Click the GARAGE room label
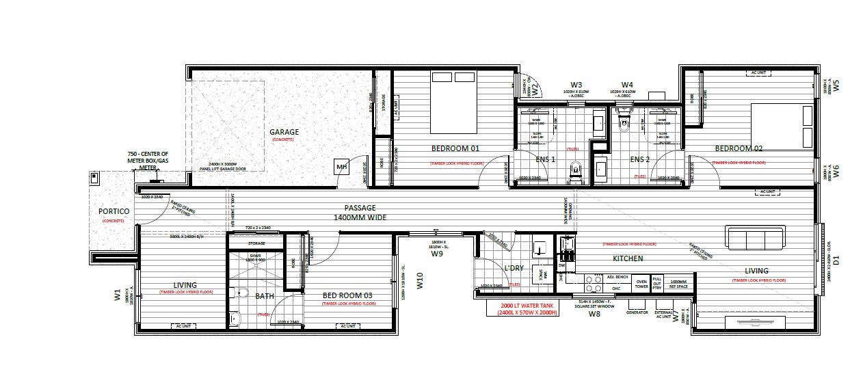pyautogui.click(x=284, y=132)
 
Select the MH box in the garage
pyautogui.click(x=341, y=167)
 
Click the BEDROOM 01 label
pyautogui.click(x=455, y=148)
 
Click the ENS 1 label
pyautogui.click(x=545, y=160)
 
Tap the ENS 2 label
pyautogui.click(x=639, y=160)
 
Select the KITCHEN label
pyautogui.click(x=628, y=258)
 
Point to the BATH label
pyautogui.click(x=265, y=296)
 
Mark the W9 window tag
pyautogui.click(x=437, y=254)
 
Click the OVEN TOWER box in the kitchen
pyautogui.click(x=641, y=283)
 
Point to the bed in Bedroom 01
pyautogui.click(x=454, y=103)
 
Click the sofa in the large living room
pyautogui.click(x=754, y=239)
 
